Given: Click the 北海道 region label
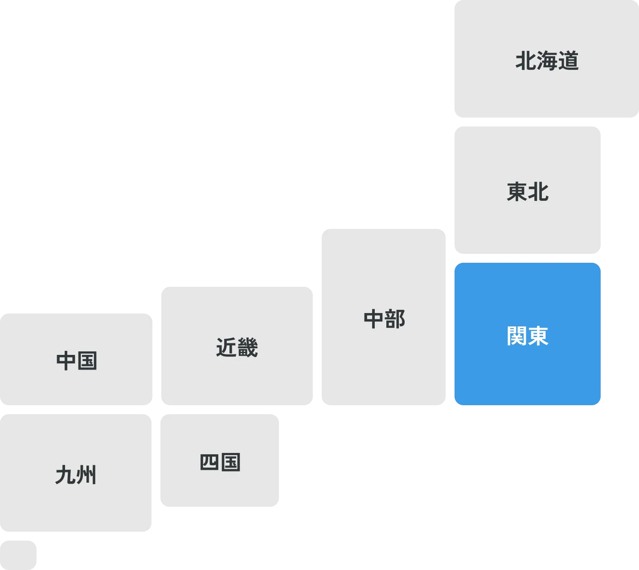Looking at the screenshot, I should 547,61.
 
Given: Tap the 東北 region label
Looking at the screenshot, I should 528,192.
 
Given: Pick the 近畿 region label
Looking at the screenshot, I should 237,347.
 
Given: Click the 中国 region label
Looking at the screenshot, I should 77,361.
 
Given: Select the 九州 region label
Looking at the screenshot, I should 76,475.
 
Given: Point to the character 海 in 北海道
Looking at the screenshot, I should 547,61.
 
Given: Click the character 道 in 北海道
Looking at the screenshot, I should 568,61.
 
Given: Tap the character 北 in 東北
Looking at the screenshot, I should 538,192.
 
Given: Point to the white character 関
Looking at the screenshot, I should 517,336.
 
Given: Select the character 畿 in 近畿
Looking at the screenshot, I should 247,347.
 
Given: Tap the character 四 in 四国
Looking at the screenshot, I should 209,462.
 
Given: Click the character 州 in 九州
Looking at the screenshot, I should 86,475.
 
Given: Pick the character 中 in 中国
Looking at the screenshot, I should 66,361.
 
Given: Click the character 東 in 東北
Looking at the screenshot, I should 517,192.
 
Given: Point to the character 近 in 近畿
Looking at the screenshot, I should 226,347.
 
